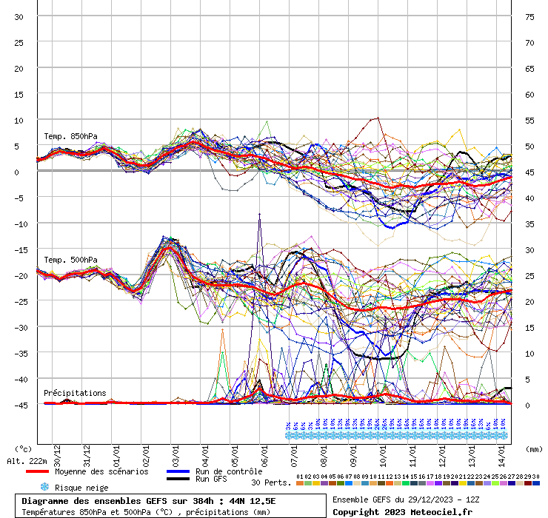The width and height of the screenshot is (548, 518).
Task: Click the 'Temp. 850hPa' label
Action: (x=70, y=136)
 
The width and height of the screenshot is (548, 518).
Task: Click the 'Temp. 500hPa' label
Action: (x=70, y=260)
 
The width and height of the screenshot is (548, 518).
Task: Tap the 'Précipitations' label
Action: (x=75, y=393)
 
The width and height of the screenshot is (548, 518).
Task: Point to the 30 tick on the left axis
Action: (x=19, y=17)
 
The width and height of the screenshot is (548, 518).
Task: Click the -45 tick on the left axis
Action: (x=19, y=405)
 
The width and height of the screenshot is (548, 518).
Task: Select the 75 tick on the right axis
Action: (x=529, y=17)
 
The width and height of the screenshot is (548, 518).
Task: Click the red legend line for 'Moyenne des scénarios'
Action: (x=38, y=471)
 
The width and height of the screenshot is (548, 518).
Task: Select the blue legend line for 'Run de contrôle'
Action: (x=178, y=471)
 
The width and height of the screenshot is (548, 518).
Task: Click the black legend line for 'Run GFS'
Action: (x=178, y=480)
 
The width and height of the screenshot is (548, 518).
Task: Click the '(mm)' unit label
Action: (x=534, y=448)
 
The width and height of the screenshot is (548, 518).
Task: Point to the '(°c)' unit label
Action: (x=23, y=448)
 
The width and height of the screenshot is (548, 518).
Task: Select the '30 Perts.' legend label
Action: (x=271, y=482)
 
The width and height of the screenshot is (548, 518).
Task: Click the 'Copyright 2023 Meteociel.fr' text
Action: (x=402, y=511)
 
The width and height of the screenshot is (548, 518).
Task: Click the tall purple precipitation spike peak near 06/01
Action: (x=260, y=214)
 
